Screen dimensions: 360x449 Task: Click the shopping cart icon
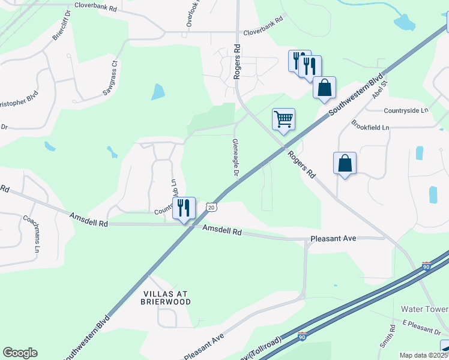point(283,118)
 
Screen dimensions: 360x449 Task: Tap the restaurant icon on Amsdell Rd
point(184,208)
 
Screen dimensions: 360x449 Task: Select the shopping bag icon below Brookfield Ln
point(345,163)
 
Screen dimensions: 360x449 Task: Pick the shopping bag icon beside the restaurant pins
point(324,88)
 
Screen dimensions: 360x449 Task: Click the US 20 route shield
point(210,206)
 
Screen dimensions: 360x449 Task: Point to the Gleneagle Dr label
point(235,158)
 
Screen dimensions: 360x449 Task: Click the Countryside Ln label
point(406,110)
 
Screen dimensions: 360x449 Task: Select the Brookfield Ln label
point(370,127)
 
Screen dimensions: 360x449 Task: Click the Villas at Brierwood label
point(166,298)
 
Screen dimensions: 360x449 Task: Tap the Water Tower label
point(424,309)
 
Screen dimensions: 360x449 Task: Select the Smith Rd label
point(392,337)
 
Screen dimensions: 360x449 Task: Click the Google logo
point(20,353)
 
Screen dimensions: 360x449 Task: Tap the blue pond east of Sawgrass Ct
point(157,92)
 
